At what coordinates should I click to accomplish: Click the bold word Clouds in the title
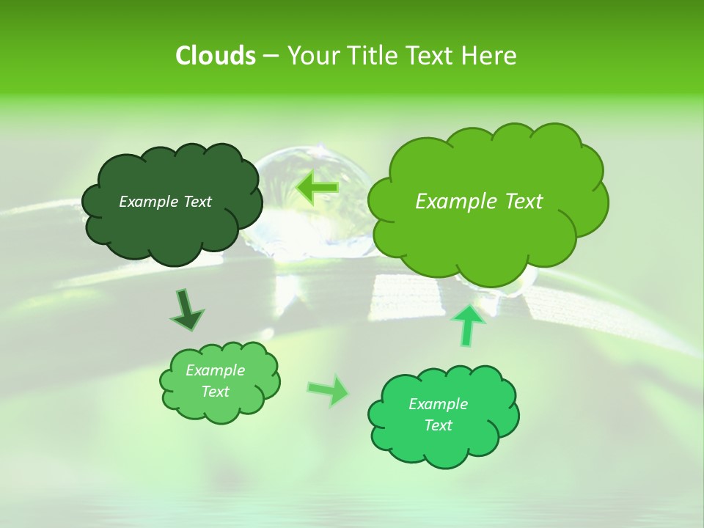[215, 56]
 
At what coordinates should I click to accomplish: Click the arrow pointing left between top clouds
[317, 188]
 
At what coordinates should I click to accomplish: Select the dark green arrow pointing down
[186, 309]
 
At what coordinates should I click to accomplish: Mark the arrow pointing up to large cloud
[469, 325]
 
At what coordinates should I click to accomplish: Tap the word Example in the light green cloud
[215, 370]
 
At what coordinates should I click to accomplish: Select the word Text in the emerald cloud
[438, 425]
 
